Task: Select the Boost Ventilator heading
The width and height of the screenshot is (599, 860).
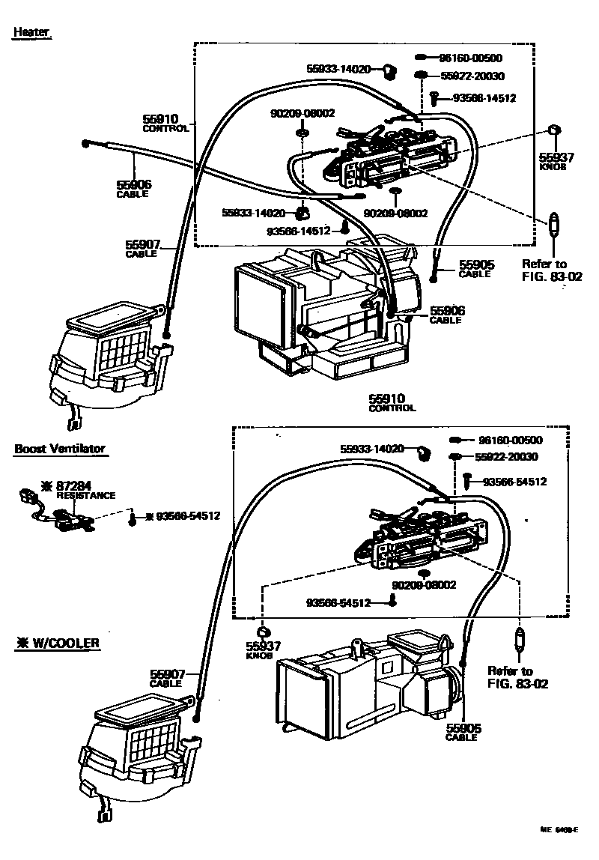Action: coord(60,449)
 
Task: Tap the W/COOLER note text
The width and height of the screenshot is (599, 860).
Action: coord(58,643)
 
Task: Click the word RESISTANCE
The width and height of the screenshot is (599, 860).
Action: coord(86,495)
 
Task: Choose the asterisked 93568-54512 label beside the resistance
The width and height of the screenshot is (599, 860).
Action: coord(182,516)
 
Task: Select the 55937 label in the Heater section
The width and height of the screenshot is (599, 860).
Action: coord(556,158)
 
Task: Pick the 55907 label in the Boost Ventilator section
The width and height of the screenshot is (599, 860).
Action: coord(166,674)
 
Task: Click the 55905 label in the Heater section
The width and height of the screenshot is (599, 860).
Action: coord(476,265)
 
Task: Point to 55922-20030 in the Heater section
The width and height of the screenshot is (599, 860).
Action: coord(472,76)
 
